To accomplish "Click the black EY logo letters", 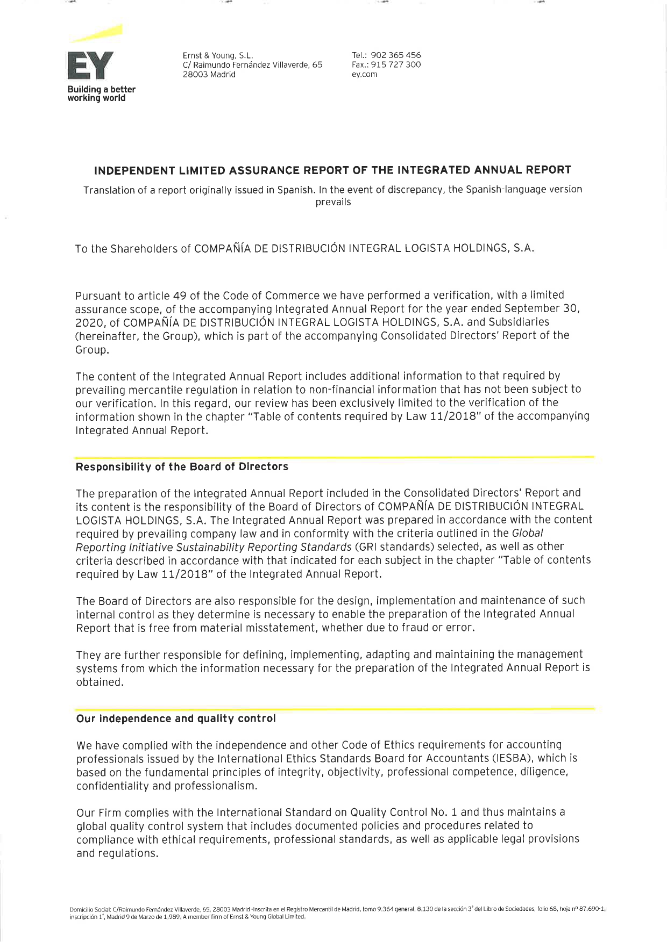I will [90, 66].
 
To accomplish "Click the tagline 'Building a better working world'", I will [101, 94].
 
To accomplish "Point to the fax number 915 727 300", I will [396, 65].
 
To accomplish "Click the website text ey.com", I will [364, 75].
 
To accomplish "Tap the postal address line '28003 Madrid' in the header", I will [209, 75].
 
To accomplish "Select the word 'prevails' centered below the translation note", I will [333, 203].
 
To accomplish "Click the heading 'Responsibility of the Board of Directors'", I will [182, 467].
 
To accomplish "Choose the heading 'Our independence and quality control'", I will [176, 719].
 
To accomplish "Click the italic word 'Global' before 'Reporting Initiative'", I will [527, 534].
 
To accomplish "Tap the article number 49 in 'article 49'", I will [179, 296].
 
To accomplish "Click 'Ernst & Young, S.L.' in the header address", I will [218, 55].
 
